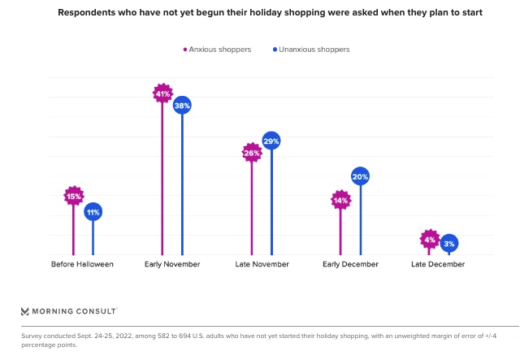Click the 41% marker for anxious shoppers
tap(162, 93)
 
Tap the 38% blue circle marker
tap(182, 105)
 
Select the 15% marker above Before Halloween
tap(74, 196)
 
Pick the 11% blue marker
tap(93, 212)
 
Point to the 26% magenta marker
tap(251, 153)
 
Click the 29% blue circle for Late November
tap(271, 141)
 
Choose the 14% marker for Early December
tap(340, 200)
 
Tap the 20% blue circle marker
tap(360, 176)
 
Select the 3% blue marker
tap(449, 243)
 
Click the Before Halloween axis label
tap(82, 264)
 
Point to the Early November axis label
tap(172, 264)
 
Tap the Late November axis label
tap(261, 264)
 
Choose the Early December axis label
tap(350, 264)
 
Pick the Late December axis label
tap(438, 264)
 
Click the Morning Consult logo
tap(69, 310)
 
